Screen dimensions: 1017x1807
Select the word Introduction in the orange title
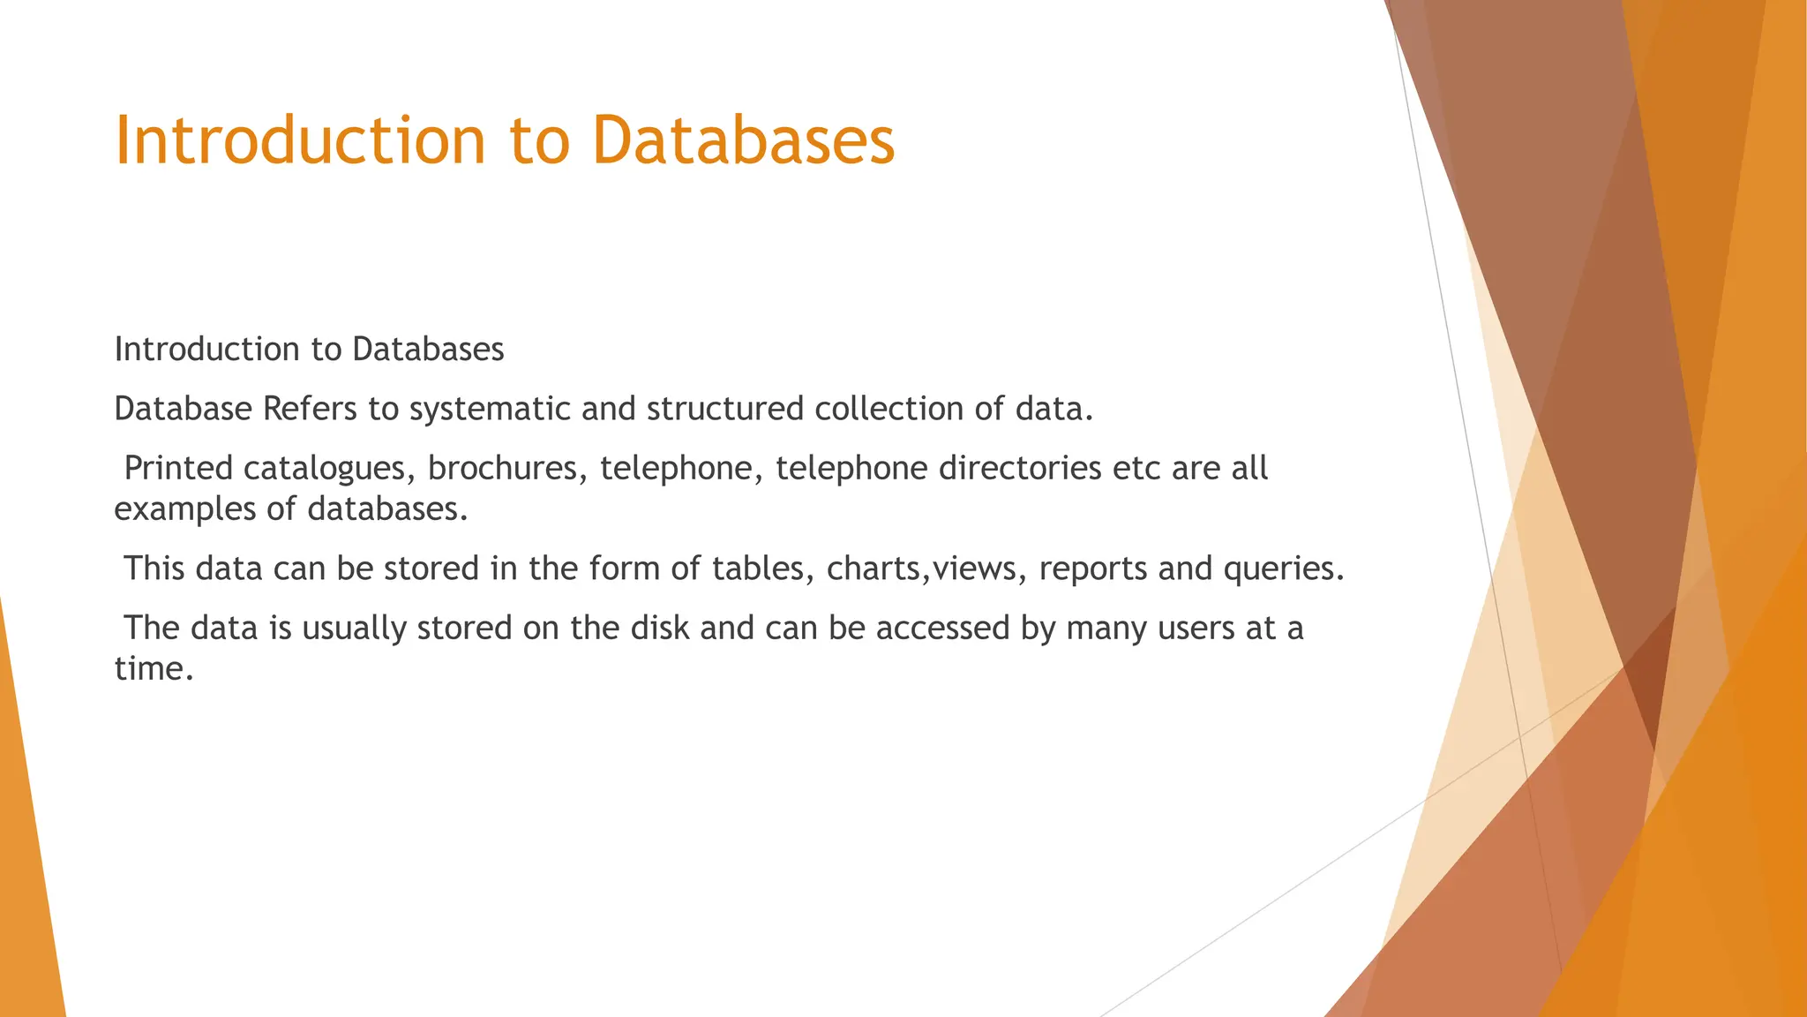point(300,141)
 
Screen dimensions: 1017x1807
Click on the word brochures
point(507,468)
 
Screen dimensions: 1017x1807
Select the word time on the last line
point(153,669)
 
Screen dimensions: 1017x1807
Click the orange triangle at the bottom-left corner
point(26,883)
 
